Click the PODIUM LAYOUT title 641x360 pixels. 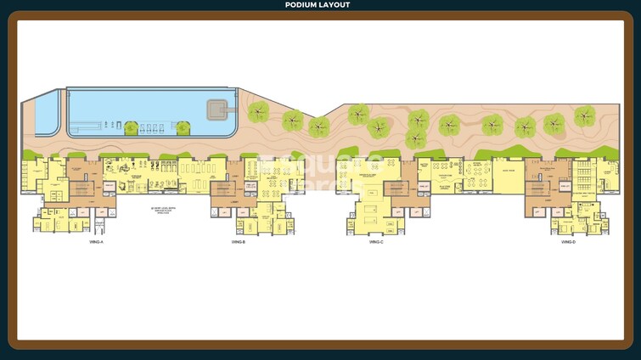[x=320, y=5]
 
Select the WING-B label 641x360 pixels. [x=238, y=243]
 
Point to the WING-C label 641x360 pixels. [x=376, y=243]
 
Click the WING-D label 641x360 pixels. [x=568, y=243]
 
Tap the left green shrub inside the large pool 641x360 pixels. [x=131, y=128]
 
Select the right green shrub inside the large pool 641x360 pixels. [x=183, y=128]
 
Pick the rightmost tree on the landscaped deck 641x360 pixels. [x=584, y=116]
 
